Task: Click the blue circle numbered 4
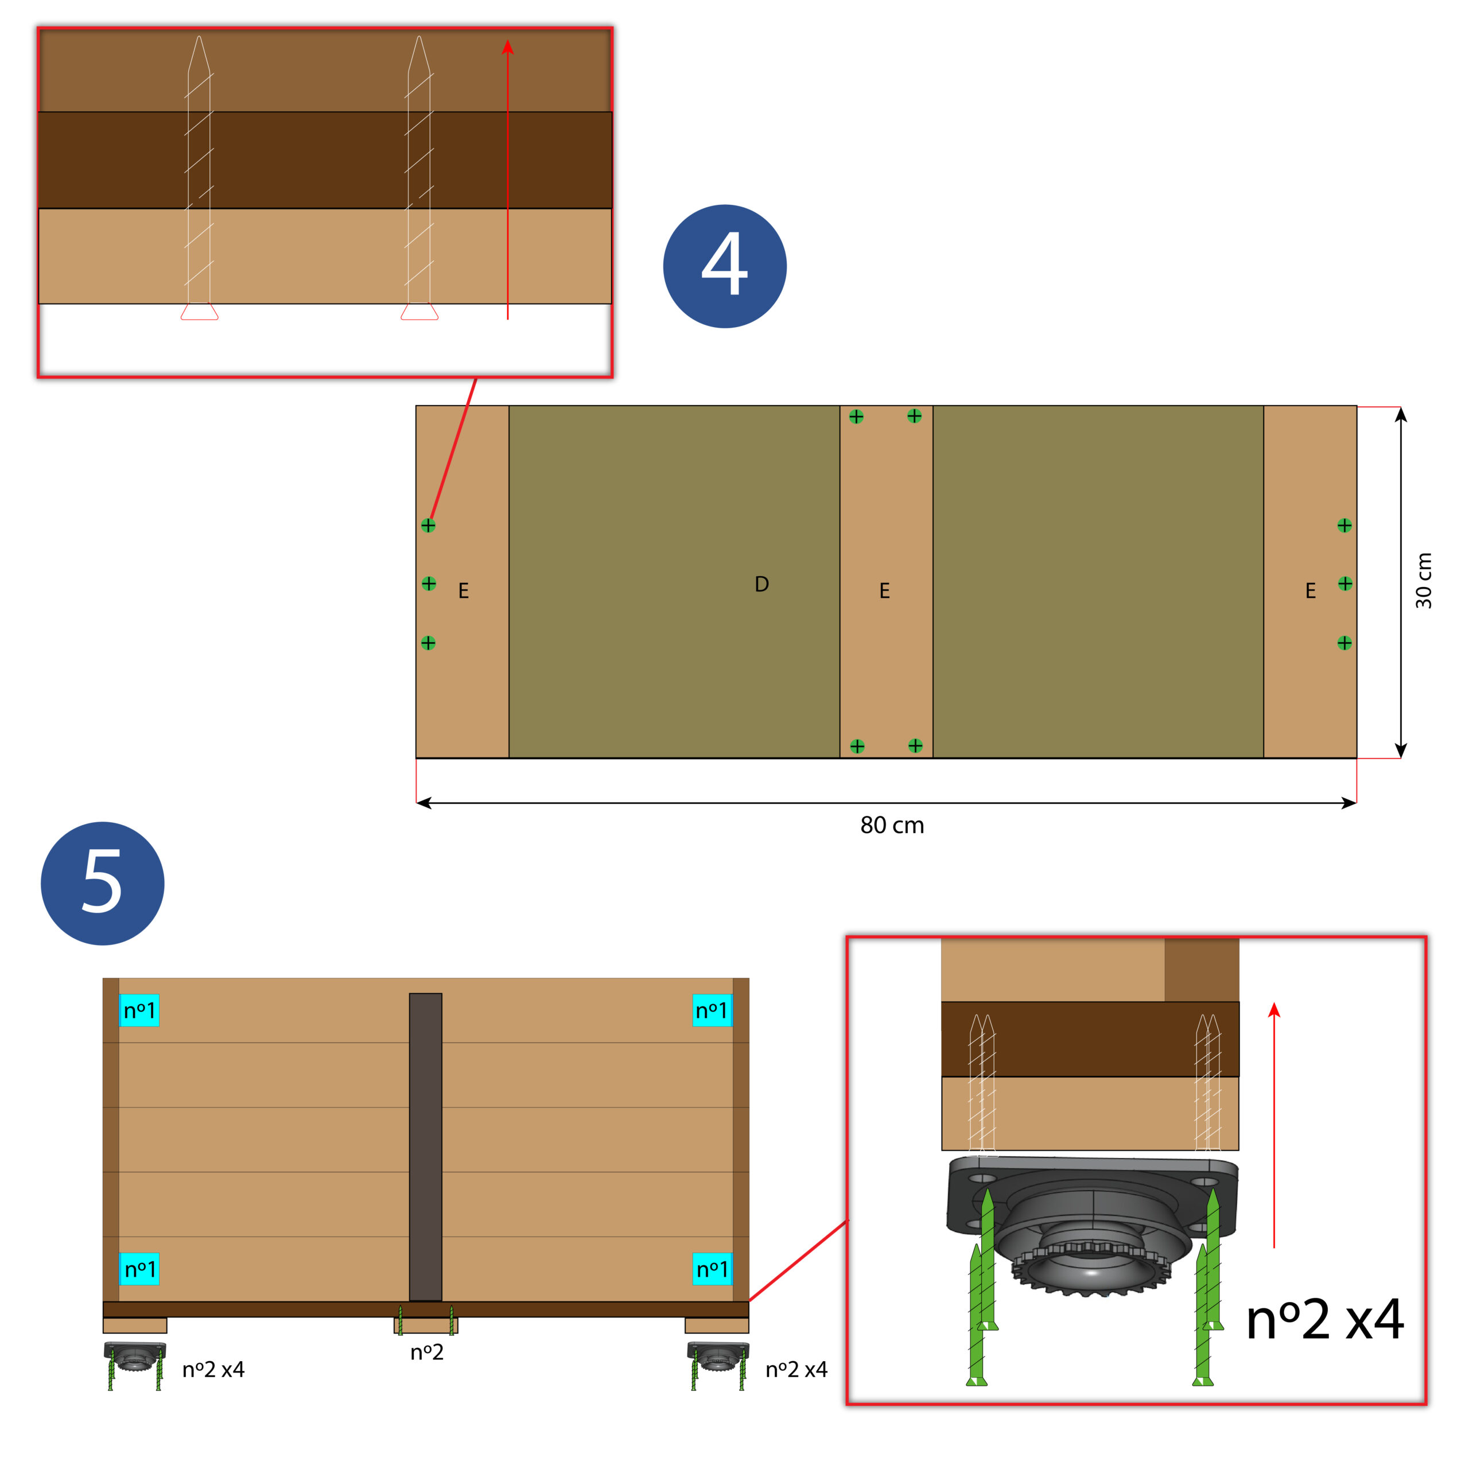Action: [725, 266]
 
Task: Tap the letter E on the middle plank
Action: [884, 591]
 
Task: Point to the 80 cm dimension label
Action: [892, 825]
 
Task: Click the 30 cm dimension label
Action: [1423, 580]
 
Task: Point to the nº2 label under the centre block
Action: [426, 1352]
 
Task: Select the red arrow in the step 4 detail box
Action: [508, 180]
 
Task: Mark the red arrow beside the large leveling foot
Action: [1274, 1125]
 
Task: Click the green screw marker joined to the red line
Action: [428, 526]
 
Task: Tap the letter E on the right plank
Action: [1310, 591]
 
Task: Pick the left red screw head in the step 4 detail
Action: [199, 312]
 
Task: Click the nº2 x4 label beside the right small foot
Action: [796, 1369]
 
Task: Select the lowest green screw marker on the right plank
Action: [1344, 643]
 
